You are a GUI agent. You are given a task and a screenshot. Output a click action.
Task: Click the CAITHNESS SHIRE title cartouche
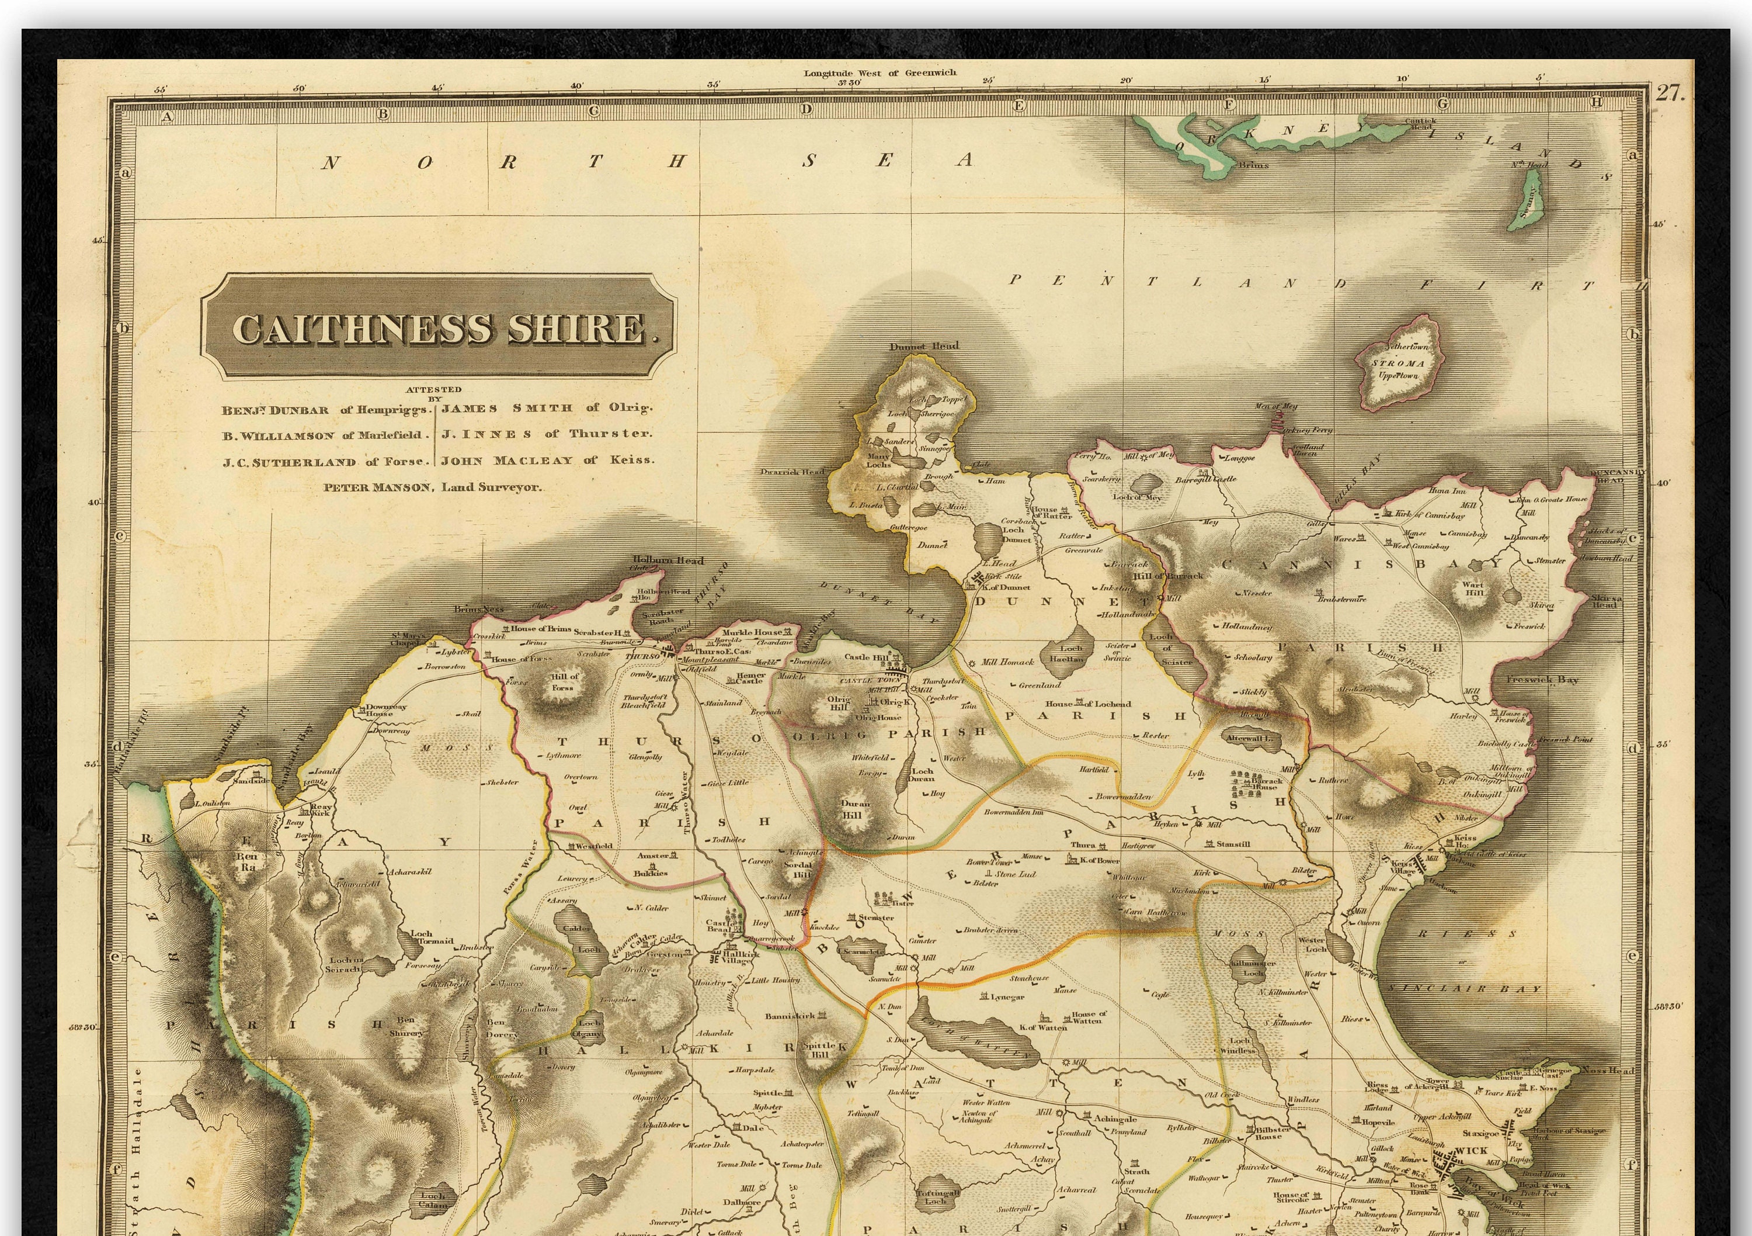(439, 327)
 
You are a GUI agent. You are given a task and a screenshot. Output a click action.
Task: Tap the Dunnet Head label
(924, 346)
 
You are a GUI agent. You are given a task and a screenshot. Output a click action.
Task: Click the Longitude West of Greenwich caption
(879, 73)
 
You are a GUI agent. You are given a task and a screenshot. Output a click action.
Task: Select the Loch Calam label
(432, 1201)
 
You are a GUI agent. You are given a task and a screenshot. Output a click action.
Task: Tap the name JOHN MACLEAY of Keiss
(547, 461)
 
